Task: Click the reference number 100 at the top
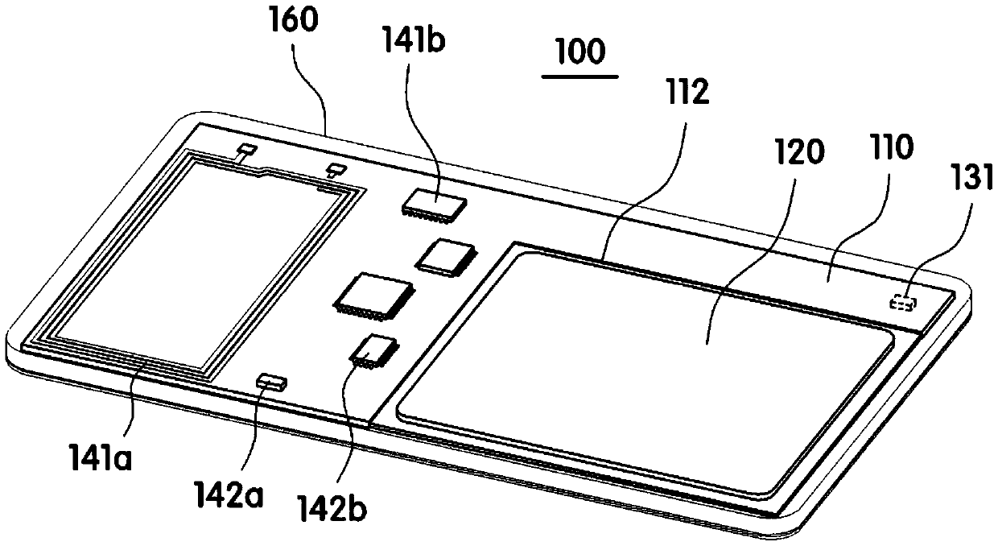(580, 52)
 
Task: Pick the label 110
(885, 148)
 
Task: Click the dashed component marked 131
(902, 303)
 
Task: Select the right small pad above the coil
(335, 168)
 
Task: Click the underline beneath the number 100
(580, 77)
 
